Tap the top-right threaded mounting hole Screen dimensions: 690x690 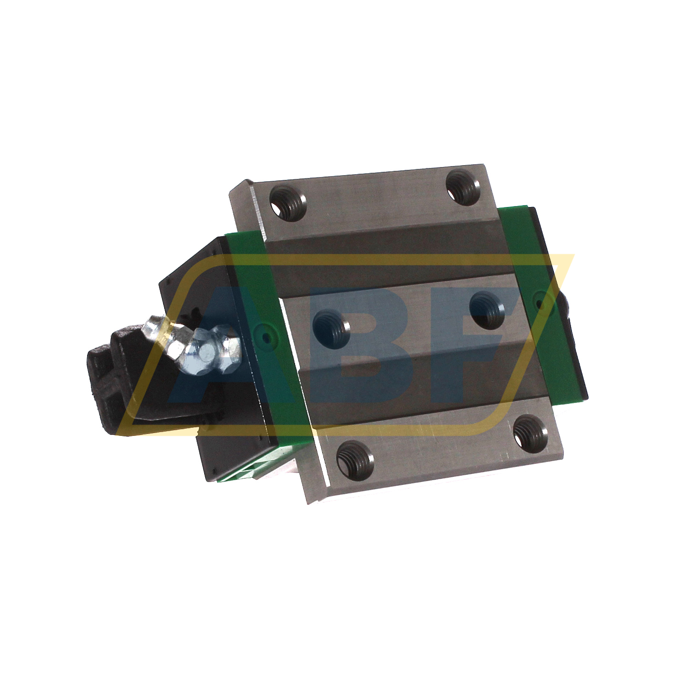(x=462, y=187)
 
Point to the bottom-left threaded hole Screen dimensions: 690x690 (x=355, y=460)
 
